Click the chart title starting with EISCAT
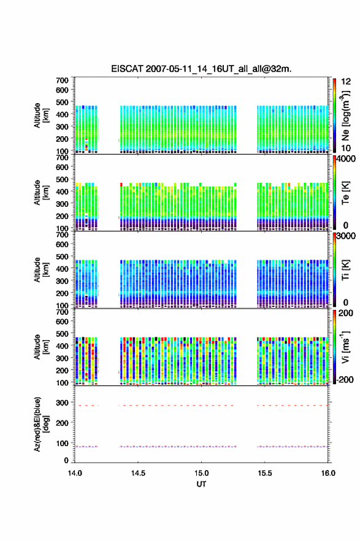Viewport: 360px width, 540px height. [201, 69]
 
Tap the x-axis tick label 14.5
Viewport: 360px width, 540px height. [138, 473]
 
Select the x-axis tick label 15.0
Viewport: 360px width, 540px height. [201, 473]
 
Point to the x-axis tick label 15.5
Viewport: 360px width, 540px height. [265, 473]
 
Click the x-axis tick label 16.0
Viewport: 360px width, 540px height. [328, 473]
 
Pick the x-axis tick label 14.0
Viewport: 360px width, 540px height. [75, 473]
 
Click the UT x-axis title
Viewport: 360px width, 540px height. [201, 484]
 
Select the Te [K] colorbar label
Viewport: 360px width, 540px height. [345, 193]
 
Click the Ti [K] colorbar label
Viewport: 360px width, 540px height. [345, 270]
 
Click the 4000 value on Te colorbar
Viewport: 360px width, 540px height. [347, 159]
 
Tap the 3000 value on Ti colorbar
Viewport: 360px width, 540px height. [347, 236]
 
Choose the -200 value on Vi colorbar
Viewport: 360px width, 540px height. [345, 379]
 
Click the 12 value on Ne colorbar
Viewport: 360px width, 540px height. [347, 82]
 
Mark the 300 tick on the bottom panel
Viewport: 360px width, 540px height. [62, 403]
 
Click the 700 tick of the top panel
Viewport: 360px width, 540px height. [62, 80]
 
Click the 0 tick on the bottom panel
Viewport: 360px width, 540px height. [66, 460]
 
